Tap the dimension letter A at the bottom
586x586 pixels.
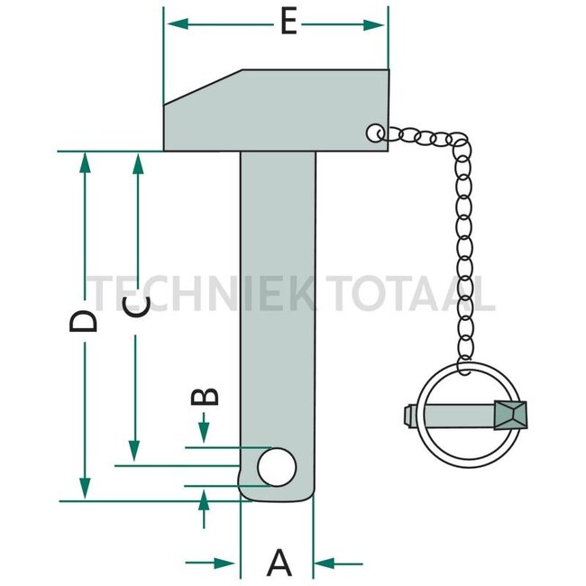pos(279,563)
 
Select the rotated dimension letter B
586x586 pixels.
pos(205,397)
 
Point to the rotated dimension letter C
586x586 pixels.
pos(137,307)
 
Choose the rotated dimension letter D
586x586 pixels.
pos(83,321)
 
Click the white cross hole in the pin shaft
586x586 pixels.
pos(277,467)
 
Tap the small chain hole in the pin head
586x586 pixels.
pos(375,133)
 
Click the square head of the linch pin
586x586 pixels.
pos(510,415)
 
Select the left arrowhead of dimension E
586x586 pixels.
pos(178,24)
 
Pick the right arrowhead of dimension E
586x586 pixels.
pos(374,25)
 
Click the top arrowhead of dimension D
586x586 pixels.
pos(86,163)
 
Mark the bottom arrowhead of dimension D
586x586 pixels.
pos(86,488)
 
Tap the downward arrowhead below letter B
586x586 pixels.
pos(204,433)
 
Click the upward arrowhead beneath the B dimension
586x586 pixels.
pos(204,500)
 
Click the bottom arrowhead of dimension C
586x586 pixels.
pos(134,451)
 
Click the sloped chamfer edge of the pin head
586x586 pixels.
pos(203,87)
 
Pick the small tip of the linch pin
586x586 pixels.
pos(410,416)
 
